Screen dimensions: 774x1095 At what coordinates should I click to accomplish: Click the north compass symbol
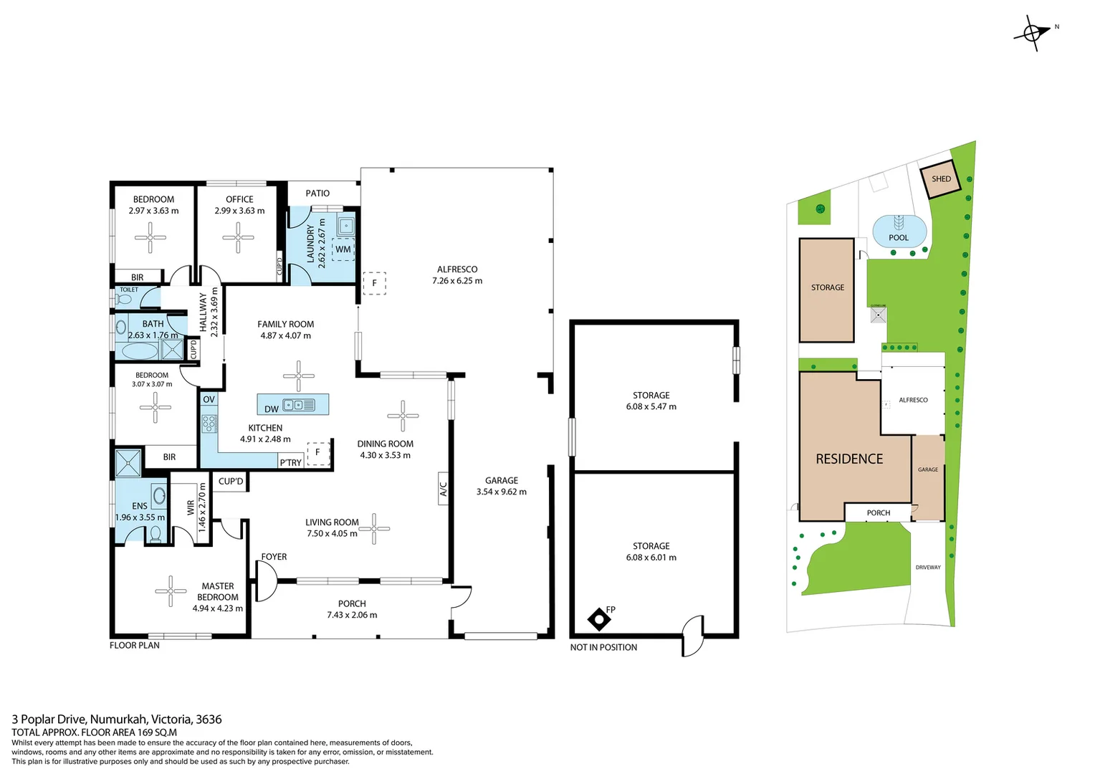click(1032, 32)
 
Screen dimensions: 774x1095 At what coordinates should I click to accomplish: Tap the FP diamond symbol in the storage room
click(598, 618)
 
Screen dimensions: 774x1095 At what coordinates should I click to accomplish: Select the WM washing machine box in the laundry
click(343, 249)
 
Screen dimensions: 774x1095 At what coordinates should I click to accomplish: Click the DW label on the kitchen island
click(272, 409)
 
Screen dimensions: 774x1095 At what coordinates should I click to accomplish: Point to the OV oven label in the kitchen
click(209, 399)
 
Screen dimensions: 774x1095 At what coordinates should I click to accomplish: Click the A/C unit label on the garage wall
click(444, 489)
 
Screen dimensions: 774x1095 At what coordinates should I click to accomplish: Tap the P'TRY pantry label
click(291, 462)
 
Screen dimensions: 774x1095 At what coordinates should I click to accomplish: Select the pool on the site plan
click(899, 231)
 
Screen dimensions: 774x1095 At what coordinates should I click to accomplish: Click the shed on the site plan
click(940, 179)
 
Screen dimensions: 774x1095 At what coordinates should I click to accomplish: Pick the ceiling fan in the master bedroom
click(171, 591)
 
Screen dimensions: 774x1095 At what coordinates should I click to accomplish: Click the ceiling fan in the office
click(238, 237)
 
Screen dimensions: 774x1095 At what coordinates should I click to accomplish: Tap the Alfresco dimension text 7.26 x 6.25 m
click(457, 281)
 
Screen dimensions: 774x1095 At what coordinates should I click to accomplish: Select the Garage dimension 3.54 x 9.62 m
click(502, 492)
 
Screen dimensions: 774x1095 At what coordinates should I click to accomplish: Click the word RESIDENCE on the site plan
click(849, 459)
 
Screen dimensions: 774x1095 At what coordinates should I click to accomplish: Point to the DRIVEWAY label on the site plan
click(928, 567)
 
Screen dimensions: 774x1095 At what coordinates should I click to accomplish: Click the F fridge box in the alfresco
click(374, 283)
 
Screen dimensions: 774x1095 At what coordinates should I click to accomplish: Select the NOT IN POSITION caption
click(603, 647)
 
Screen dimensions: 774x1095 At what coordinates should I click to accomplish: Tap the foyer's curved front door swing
click(266, 580)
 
